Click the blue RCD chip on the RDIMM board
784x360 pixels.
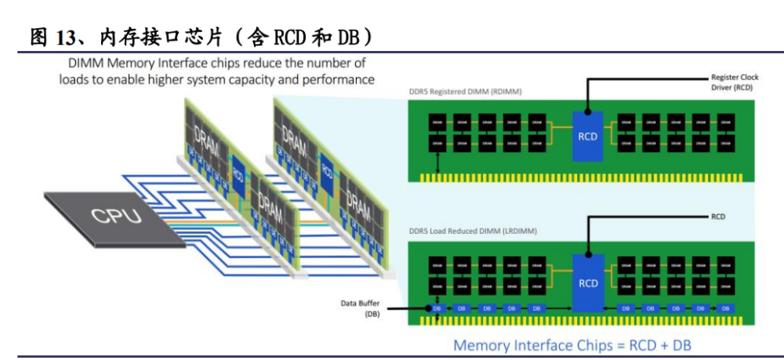click(587, 135)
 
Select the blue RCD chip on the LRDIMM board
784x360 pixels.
click(587, 280)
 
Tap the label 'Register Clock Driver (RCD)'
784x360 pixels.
click(733, 84)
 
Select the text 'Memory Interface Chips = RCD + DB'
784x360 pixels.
click(572, 345)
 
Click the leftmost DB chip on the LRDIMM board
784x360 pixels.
click(437, 309)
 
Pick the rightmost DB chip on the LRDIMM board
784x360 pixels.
click(726, 309)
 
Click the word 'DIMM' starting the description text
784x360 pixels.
click(85, 63)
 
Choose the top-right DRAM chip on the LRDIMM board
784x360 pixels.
click(726, 266)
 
